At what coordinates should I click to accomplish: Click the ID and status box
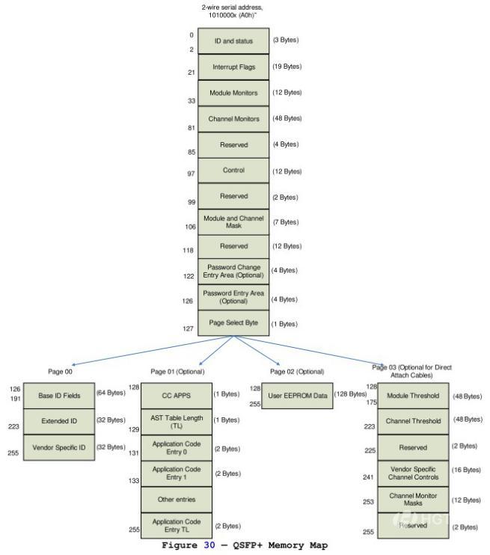point(233,41)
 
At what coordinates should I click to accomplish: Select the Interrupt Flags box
point(233,67)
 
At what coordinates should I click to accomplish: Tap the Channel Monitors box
point(233,118)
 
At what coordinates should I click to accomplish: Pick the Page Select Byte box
point(233,324)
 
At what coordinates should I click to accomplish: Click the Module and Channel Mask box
point(233,221)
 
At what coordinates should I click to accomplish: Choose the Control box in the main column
point(233,170)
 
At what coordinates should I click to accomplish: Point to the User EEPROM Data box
point(297,395)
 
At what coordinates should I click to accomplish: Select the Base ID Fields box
point(59,395)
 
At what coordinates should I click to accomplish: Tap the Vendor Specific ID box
point(59,447)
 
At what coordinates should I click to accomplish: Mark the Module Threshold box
point(414,395)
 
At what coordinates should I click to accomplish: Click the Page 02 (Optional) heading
point(297,372)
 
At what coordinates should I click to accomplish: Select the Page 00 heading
point(59,372)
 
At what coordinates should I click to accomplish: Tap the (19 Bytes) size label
point(287,67)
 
